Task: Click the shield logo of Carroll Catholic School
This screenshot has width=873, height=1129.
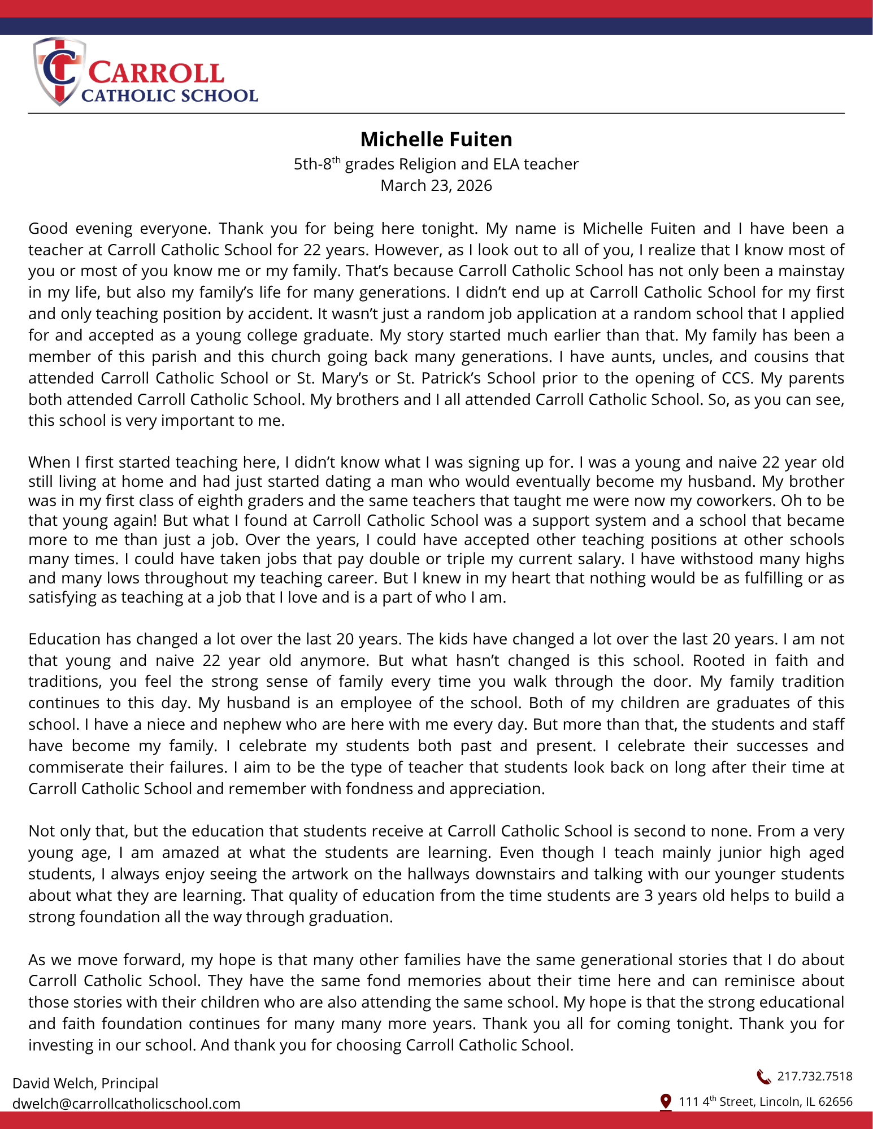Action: click(x=58, y=71)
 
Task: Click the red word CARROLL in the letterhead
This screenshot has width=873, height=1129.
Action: click(x=157, y=73)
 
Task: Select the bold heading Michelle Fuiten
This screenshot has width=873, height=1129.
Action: click(x=436, y=139)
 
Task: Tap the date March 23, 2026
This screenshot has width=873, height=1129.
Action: click(x=436, y=185)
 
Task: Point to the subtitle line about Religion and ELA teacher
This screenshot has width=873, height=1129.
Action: click(x=436, y=164)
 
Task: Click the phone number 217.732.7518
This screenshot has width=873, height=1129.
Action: click(x=814, y=1076)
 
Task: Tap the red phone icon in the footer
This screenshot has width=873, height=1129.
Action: click(x=763, y=1077)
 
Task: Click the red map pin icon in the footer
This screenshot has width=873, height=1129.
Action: click(x=666, y=1101)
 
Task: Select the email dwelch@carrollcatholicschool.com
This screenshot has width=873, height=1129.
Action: click(x=127, y=1103)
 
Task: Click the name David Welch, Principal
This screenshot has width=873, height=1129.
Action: click(x=85, y=1083)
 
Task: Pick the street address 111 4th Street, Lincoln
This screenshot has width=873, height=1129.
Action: click(x=765, y=1101)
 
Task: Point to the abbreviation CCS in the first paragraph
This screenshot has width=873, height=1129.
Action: click(x=736, y=378)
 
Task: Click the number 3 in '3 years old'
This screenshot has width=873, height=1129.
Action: click(x=649, y=895)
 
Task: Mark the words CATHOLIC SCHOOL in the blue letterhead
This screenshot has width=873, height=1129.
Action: click(x=170, y=95)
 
